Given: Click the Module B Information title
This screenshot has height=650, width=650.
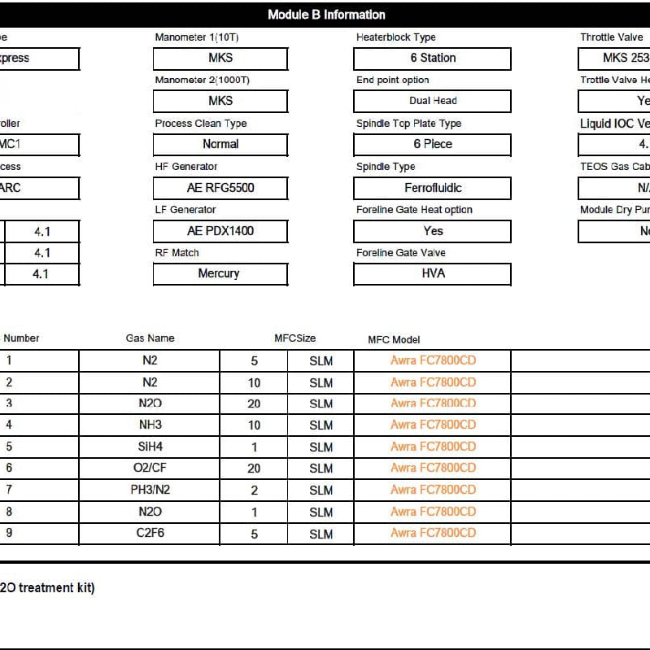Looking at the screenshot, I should pyautogui.click(x=326, y=15).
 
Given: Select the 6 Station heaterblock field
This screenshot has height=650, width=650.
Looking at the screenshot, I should pyautogui.click(x=432, y=59).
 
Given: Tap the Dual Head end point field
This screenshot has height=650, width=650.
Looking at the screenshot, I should pyautogui.click(x=432, y=101).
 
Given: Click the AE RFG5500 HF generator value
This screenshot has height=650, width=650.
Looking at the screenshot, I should pyautogui.click(x=220, y=188).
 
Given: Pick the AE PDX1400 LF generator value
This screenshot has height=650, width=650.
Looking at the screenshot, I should pyautogui.click(x=220, y=231).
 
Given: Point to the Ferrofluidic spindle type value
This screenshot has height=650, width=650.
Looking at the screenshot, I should pyautogui.click(x=433, y=188).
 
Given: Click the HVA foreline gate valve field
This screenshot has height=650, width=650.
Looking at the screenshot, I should pyautogui.click(x=433, y=273).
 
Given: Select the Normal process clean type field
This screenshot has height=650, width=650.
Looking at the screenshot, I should pyautogui.click(x=220, y=144).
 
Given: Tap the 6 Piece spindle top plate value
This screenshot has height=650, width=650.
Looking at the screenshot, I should pyautogui.click(x=433, y=144).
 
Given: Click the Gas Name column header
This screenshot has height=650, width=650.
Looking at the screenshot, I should pyautogui.click(x=150, y=338).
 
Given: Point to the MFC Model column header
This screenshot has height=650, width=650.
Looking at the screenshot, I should pyautogui.click(x=394, y=340).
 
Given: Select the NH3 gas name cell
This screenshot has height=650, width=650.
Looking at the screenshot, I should pyautogui.click(x=150, y=425).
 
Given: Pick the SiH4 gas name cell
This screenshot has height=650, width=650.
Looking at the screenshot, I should pyautogui.click(x=150, y=447).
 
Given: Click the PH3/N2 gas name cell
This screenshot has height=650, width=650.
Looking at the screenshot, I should pyautogui.click(x=150, y=490).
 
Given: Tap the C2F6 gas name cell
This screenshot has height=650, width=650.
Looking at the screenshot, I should pyautogui.click(x=150, y=534).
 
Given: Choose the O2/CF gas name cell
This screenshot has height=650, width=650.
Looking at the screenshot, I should pyautogui.click(x=150, y=468).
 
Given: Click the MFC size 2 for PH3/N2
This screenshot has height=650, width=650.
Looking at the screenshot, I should pyautogui.click(x=255, y=490).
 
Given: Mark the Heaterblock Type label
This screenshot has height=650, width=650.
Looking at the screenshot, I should pyautogui.click(x=396, y=37).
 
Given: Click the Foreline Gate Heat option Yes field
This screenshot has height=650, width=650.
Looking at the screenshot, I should pyautogui.click(x=433, y=231).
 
